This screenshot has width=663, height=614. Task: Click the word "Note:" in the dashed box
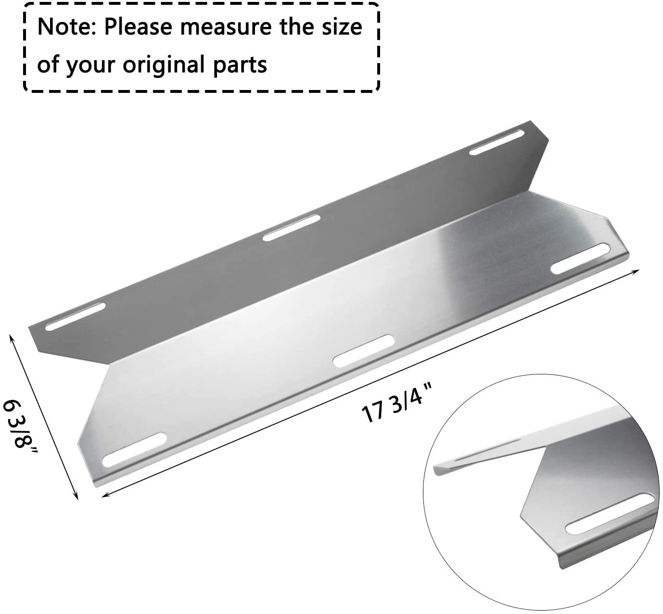click(x=67, y=27)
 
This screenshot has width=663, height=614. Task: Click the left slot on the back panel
click(x=75, y=317)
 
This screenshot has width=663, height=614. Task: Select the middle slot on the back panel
click(x=292, y=228)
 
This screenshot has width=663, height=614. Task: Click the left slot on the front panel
click(x=135, y=449)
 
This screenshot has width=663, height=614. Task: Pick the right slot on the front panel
click(x=580, y=259)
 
